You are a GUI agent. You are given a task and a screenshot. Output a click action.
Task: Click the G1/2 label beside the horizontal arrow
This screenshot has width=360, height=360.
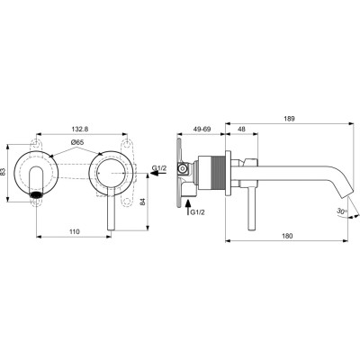point(159,168)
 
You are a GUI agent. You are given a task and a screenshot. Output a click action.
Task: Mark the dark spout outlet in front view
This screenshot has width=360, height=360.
point(36,193)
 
